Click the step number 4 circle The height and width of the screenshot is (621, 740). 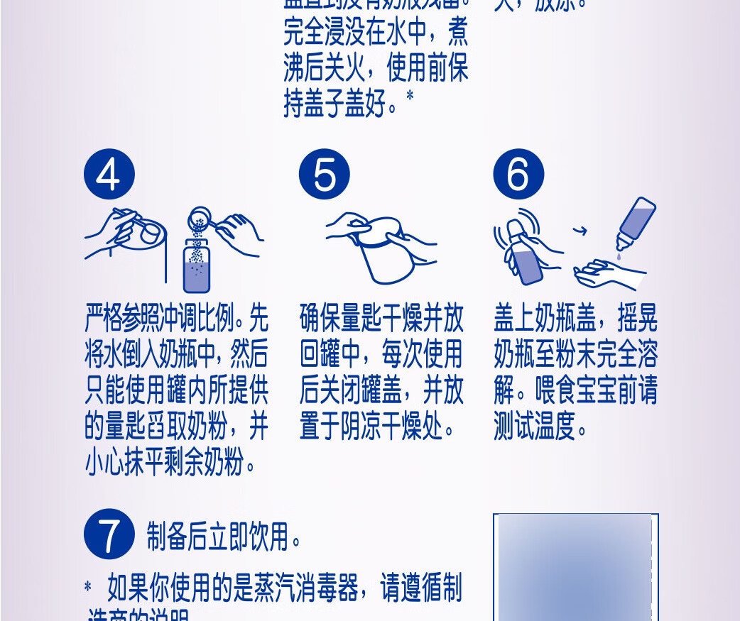108,174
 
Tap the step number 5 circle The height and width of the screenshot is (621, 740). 324,174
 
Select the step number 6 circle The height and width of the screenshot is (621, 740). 518,174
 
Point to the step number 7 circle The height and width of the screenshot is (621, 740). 109,534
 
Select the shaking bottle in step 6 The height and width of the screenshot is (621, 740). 526,259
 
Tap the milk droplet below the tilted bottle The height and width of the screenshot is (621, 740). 619,255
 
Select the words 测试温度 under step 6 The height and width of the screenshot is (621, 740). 533,429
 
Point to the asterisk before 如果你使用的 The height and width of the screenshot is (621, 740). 88,588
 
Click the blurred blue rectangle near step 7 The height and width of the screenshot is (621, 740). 575,568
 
